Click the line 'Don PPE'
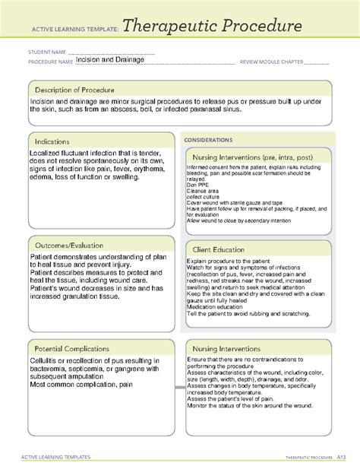click(x=197, y=185)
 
